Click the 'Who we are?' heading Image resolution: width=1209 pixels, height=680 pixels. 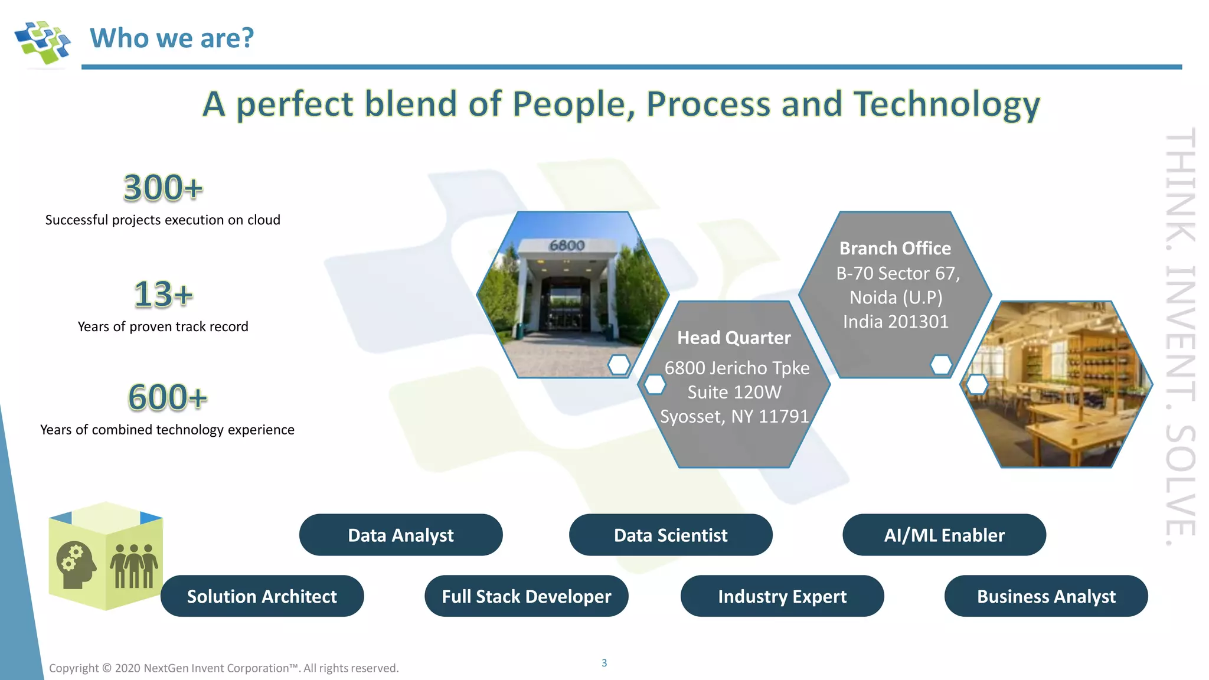(172, 38)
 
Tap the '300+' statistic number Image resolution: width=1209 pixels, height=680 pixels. (163, 188)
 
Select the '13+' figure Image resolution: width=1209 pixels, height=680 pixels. (163, 294)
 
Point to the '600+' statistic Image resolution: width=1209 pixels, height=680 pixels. (168, 397)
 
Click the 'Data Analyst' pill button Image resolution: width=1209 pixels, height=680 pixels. (401, 535)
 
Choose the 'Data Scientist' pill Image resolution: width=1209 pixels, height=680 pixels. (671, 535)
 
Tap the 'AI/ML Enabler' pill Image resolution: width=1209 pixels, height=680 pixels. (944, 535)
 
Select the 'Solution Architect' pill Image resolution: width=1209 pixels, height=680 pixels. (262, 596)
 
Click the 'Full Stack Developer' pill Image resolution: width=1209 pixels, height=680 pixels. (527, 596)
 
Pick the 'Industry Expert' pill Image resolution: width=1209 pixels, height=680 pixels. (782, 596)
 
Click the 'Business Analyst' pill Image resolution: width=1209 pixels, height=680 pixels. (1046, 596)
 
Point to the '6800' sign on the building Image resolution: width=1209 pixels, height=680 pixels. (567, 245)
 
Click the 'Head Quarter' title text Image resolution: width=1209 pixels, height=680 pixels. (734, 338)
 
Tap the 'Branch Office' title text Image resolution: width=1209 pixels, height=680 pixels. (895, 249)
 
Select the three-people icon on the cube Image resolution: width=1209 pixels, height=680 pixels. (134, 565)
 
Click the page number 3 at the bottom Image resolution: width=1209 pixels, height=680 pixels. (604, 663)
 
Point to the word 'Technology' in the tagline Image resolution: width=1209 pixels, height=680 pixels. (947, 104)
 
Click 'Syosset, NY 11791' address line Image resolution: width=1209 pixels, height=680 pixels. (734, 417)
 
